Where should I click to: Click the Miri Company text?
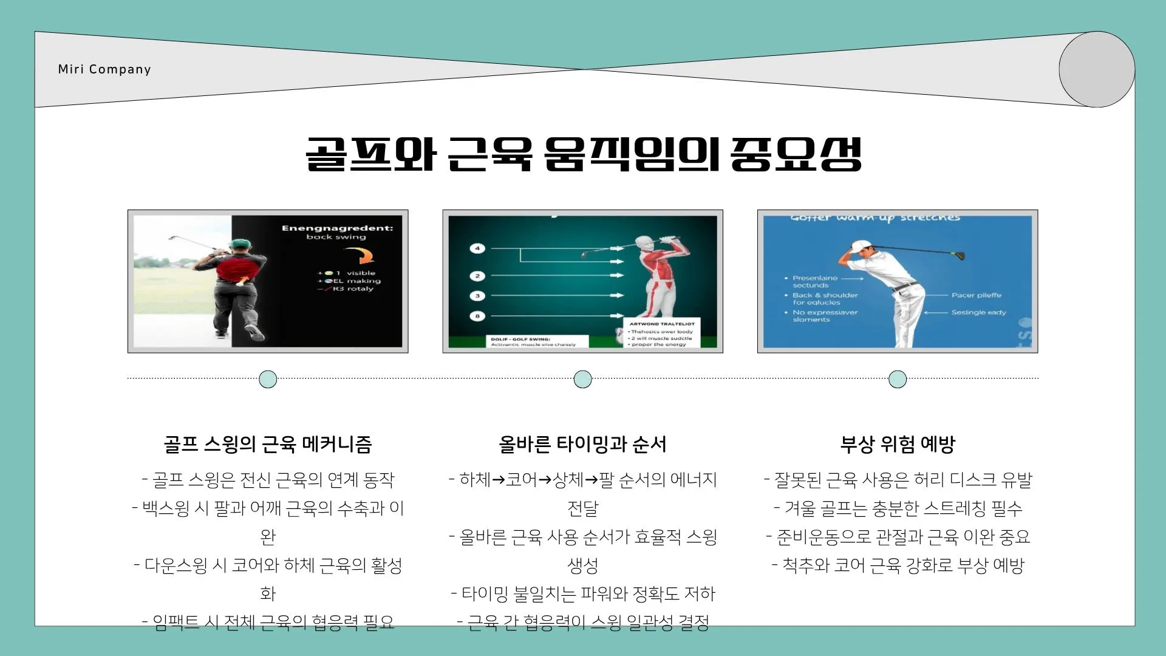[x=104, y=69]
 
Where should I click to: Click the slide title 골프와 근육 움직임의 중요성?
[x=583, y=154]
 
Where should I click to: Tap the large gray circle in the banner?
[x=1097, y=69]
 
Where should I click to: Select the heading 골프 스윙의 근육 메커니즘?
[x=268, y=444]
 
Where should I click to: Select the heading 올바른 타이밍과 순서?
[x=583, y=444]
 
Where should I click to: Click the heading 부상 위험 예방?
[x=898, y=444]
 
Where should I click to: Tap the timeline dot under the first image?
[x=268, y=379]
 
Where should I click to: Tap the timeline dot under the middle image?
[x=583, y=379]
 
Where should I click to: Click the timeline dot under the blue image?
[x=898, y=379]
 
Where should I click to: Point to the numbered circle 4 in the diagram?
[x=477, y=248]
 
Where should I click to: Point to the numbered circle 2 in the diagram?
[x=477, y=276]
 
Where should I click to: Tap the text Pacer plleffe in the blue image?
[x=976, y=295]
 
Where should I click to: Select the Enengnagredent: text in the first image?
[x=337, y=228]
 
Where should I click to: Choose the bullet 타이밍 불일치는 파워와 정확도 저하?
[x=583, y=593]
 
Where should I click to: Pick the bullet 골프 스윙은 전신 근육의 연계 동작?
[x=268, y=480]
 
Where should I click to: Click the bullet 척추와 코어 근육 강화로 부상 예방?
[x=898, y=565]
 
